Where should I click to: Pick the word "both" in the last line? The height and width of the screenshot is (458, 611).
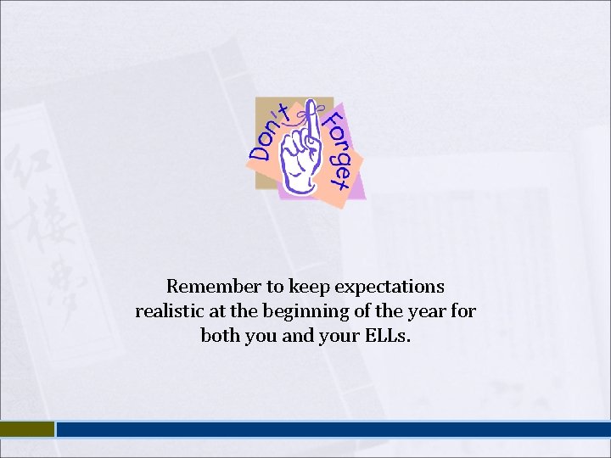(x=220, y=336)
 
